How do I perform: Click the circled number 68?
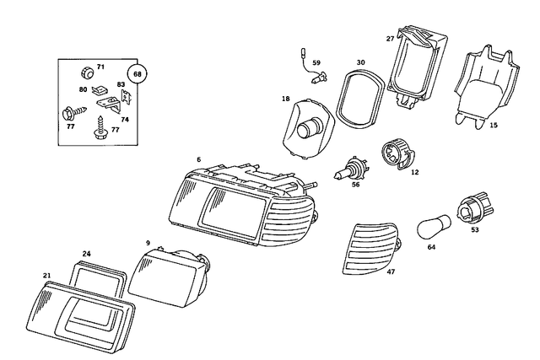tap(138, 74)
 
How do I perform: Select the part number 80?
tap(84, 89)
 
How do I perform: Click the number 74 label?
tap(124, 119)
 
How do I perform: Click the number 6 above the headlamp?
tap(198, 159)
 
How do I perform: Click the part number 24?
tap(86, 253)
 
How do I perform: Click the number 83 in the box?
tap(121, 84)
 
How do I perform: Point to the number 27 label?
tap(390, 38)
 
